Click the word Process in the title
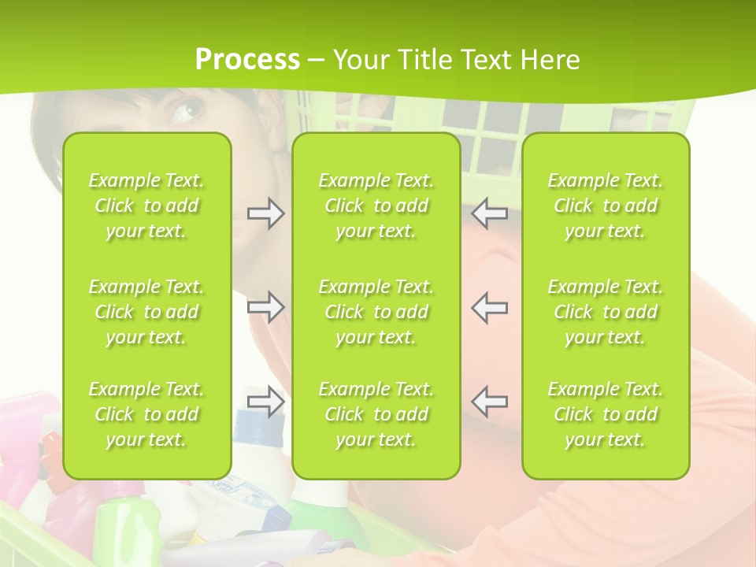point(247,59)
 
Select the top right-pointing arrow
point(265,213)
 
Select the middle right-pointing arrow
point(265,307)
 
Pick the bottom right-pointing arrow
point(265,401)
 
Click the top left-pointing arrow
point(490,213)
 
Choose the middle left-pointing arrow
point(490,307)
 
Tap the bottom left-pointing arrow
point(490,401)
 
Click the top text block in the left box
point(146,206)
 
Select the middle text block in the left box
point(146,312)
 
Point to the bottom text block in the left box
point(146,414)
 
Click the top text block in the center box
point(376,206)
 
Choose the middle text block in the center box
point(376,312)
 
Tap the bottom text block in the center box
point(376,414)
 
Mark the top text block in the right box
point(605,206)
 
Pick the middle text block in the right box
point(605,312)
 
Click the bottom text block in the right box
point(605,414)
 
